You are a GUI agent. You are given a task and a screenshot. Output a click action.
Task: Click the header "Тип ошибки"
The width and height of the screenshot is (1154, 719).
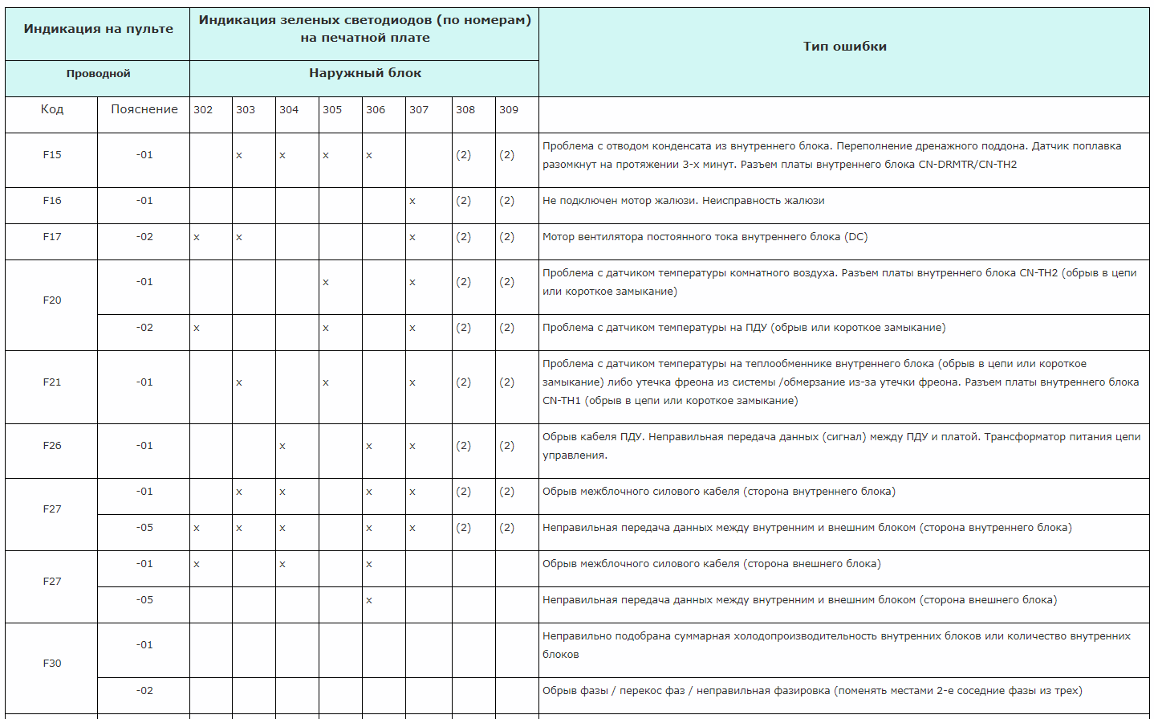pos(844,47)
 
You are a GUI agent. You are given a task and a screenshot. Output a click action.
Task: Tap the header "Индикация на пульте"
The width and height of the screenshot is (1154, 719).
pos(98,29)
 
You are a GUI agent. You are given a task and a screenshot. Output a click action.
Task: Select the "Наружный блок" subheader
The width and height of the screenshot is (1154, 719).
pos(364,73)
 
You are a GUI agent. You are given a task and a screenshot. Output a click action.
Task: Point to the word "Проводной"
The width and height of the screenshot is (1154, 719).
pos(98,74)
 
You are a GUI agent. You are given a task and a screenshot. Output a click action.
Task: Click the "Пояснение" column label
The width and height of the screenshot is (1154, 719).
pos(144,109)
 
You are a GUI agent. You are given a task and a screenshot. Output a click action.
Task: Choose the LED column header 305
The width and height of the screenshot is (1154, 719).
pos(332,110)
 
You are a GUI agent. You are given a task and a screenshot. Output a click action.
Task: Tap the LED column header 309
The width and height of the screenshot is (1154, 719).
pos(509,110)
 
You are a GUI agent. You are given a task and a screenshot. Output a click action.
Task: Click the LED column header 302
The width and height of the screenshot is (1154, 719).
pos(203,110)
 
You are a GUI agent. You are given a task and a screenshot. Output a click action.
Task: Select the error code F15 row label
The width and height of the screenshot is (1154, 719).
pos(52,155)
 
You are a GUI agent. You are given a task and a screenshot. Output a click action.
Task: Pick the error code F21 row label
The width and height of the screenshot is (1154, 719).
pos(52,382)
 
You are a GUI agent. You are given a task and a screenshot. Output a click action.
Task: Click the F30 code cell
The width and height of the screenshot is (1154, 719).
pos(52,664)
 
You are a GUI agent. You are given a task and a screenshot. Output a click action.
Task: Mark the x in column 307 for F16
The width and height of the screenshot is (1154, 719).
pos(412,202)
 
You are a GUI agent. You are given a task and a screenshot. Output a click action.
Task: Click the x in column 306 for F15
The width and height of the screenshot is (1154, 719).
pos(369,156)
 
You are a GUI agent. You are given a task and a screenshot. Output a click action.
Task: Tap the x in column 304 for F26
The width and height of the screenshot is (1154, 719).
pos(282,447)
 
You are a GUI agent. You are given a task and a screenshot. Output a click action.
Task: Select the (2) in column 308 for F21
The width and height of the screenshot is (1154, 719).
pos(464,382)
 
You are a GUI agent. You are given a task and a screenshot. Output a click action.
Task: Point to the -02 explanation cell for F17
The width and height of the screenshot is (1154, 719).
pos(144,237)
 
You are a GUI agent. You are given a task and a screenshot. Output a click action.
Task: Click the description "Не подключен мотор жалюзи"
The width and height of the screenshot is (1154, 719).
pos(683,201)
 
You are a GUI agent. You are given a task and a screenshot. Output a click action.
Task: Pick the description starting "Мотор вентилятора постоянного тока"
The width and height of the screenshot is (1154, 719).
pos(705,237)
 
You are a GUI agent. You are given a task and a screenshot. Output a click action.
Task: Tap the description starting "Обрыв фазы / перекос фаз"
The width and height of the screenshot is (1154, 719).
pos(811,691)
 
